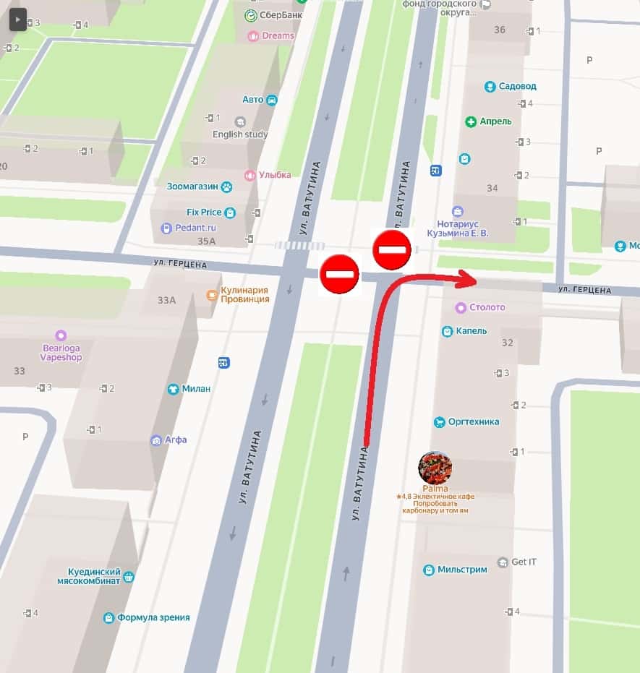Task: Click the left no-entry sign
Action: point(339,274)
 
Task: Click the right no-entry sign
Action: point(392,250)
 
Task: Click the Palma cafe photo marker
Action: point(435,468)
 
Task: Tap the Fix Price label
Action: point(204,213)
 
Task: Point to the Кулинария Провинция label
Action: point(244,294)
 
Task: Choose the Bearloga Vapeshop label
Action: point(61,352)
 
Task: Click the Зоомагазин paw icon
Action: point(227,187)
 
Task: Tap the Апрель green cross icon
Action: point(471,121)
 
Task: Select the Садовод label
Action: point(517,86)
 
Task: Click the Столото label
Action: point(487,307)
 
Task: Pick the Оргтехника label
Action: point(473,421)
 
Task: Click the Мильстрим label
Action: point(461,570)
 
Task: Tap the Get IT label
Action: point(524,562)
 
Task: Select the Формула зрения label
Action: point(153,617)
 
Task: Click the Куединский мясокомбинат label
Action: point(89,576)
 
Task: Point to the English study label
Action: point(240,134)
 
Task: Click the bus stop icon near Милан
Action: point(224,363)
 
